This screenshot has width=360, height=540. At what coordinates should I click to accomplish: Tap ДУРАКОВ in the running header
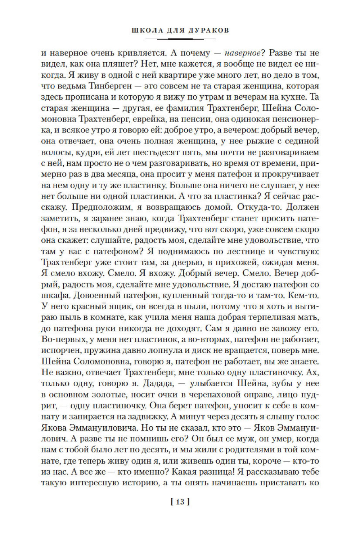point(208,31)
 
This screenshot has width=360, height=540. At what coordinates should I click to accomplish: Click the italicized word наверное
point(242,53)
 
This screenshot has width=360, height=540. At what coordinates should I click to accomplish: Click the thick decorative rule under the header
point(180,39)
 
